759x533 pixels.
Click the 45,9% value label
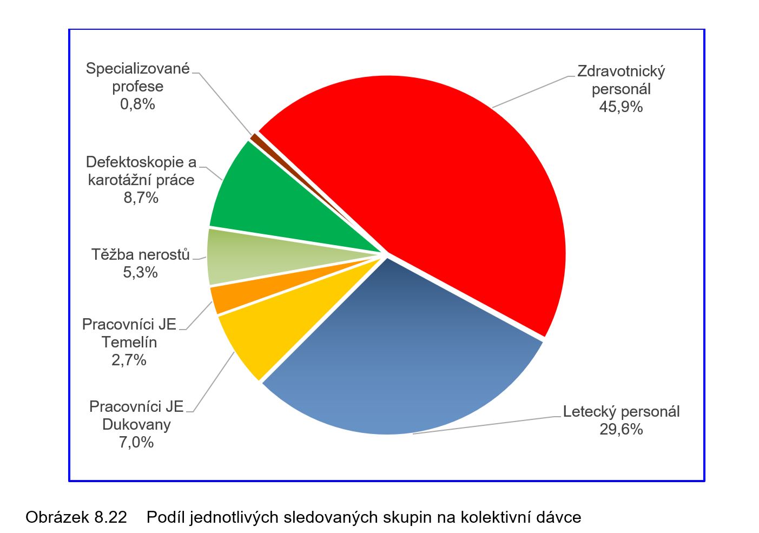tap(621, 107)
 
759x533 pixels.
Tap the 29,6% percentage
tap(621, 430)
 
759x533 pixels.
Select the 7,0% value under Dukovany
tap(136, 443)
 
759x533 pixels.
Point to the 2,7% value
tap(129, 360)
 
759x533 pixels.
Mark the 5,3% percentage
tap(140, 272)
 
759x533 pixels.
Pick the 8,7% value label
tap(141, 198)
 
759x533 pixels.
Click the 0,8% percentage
tap(137, 104)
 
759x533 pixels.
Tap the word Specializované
tap(137, 69)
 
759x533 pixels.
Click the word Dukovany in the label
tap(136, 425)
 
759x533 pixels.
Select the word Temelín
tap(129, 342)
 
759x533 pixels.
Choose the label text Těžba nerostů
tap(141, 254)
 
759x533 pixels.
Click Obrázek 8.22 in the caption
tap(76, 517)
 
